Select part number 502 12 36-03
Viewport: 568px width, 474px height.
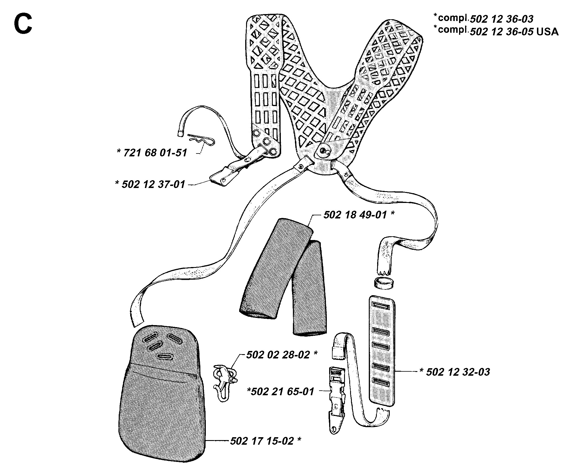pos(501,19)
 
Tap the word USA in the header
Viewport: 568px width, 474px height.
pos(548,32)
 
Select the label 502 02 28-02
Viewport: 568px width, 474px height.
pos(278,354)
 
